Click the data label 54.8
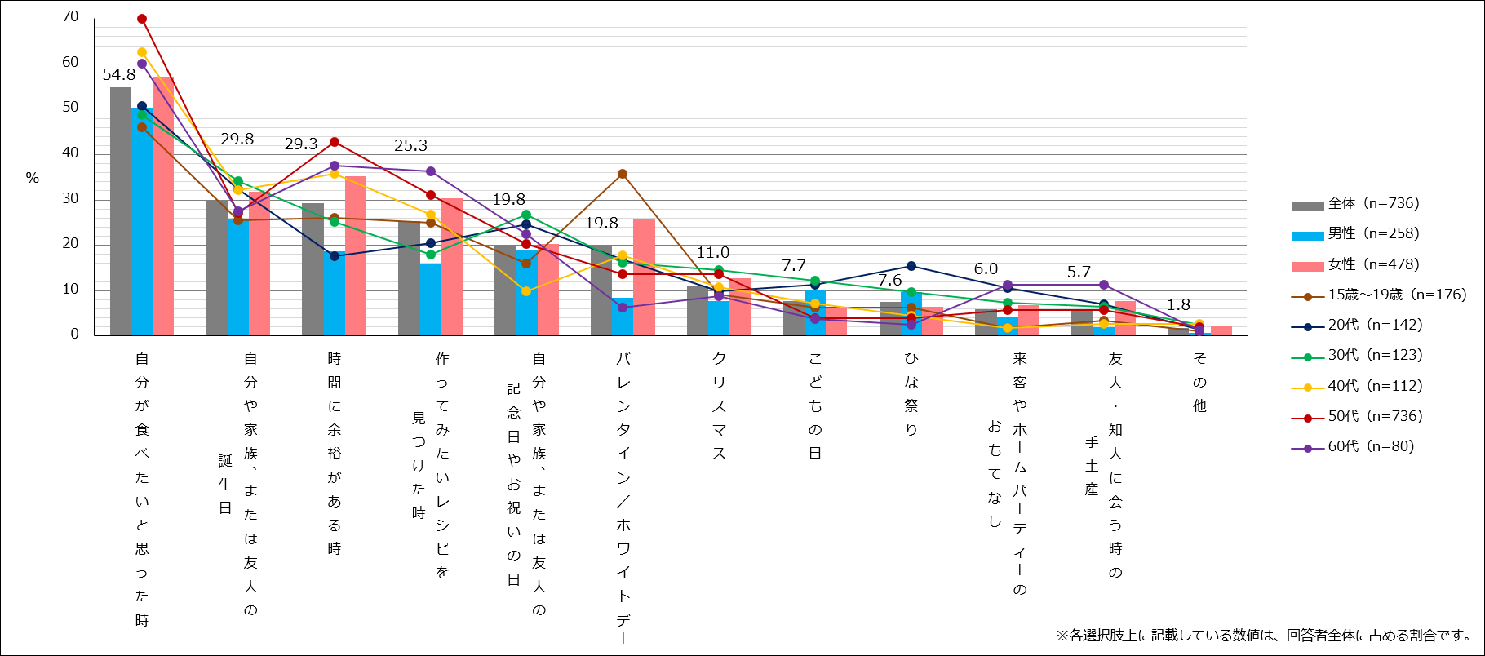click(x=119, y=75)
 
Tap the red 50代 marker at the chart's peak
click(x=142, y=19)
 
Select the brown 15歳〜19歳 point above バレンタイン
click(x=623, y=174)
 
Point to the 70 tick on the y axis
click(x=71, y=17)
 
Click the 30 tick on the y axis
click(x=71, y=199)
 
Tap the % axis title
click(x=33, y=178)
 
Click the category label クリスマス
click(x=719, y=406)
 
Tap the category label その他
click(x=1199, y=382)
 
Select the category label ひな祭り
click(x=911, y=394)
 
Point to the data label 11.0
click(x=712, y=253)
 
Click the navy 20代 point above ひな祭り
click(x=911, y=266)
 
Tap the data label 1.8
click(x=1178, y=305)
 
